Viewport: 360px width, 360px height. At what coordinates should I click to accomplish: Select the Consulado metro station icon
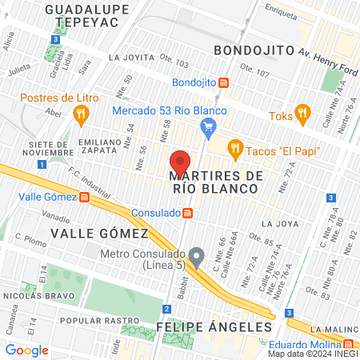point(187,213)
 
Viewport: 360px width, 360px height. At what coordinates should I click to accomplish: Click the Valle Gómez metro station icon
point(84,197)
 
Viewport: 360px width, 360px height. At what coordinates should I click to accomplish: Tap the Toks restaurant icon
point(302,112)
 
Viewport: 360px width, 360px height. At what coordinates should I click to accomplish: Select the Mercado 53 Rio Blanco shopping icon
point(209,125)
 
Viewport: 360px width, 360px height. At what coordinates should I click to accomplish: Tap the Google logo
point(26,350)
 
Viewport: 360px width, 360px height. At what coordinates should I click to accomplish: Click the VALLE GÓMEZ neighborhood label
point(100,233)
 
